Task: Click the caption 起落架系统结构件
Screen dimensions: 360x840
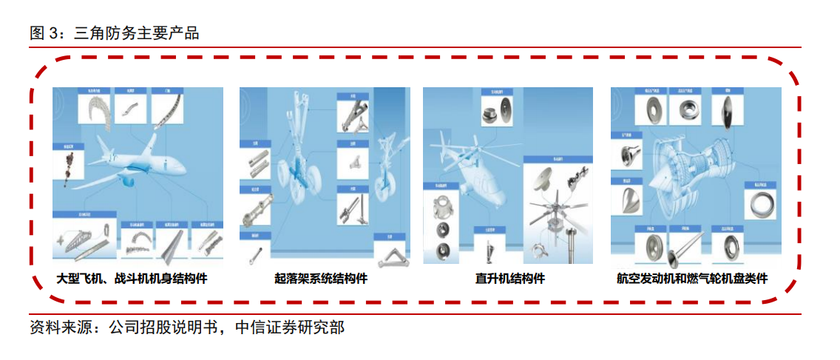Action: point(321,279)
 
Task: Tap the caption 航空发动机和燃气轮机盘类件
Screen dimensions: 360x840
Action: point(692,279)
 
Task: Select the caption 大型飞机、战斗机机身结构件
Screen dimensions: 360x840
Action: point(132,279)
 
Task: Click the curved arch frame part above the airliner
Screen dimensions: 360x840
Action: point(98,111)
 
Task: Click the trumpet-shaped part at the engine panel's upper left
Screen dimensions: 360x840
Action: point(631,155)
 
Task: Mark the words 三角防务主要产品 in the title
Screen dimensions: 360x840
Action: point(137,33)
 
